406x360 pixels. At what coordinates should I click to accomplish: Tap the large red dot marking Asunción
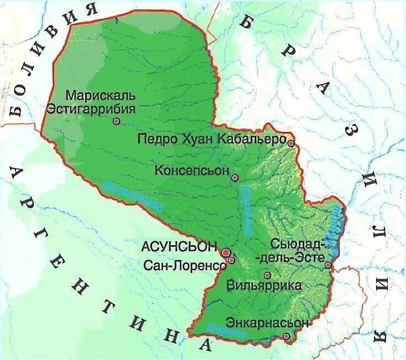coord(225,252)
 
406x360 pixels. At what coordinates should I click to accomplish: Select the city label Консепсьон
coord(192,170)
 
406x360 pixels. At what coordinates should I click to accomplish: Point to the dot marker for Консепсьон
coord(235,178)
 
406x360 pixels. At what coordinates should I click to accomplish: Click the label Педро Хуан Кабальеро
coord(210,139)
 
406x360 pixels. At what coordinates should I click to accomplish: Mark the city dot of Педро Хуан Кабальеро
coord(291,143)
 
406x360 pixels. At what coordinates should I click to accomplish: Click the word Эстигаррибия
coord(91,108)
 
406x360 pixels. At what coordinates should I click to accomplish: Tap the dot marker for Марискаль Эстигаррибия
coord(116,120)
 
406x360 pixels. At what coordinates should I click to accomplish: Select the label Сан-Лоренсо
coord(184,265)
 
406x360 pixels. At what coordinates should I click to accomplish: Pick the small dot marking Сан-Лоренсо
coord(231,260)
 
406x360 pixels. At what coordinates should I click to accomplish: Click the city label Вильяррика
coord(264,286)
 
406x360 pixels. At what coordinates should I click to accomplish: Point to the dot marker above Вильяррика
coord(267,275)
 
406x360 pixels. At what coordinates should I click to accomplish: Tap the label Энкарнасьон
coord(266,322)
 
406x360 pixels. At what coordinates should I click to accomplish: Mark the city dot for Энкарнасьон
coord(286,336)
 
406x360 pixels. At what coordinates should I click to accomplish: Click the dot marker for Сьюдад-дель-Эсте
coord(328,266)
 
